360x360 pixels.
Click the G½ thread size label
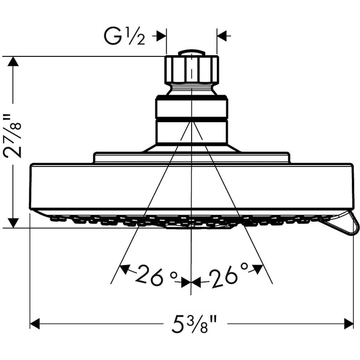124,37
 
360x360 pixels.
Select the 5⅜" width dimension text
192,323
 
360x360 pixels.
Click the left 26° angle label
150,276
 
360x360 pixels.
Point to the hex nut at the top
192,70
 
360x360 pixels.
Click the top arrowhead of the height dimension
14,62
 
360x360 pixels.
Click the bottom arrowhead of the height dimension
14,222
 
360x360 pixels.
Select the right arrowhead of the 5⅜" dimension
348,323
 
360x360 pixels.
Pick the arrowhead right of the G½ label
161,36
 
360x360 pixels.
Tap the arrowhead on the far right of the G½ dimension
222,36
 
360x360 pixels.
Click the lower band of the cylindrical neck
192,132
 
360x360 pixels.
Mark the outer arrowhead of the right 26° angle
258,268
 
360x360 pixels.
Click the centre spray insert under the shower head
192,225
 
